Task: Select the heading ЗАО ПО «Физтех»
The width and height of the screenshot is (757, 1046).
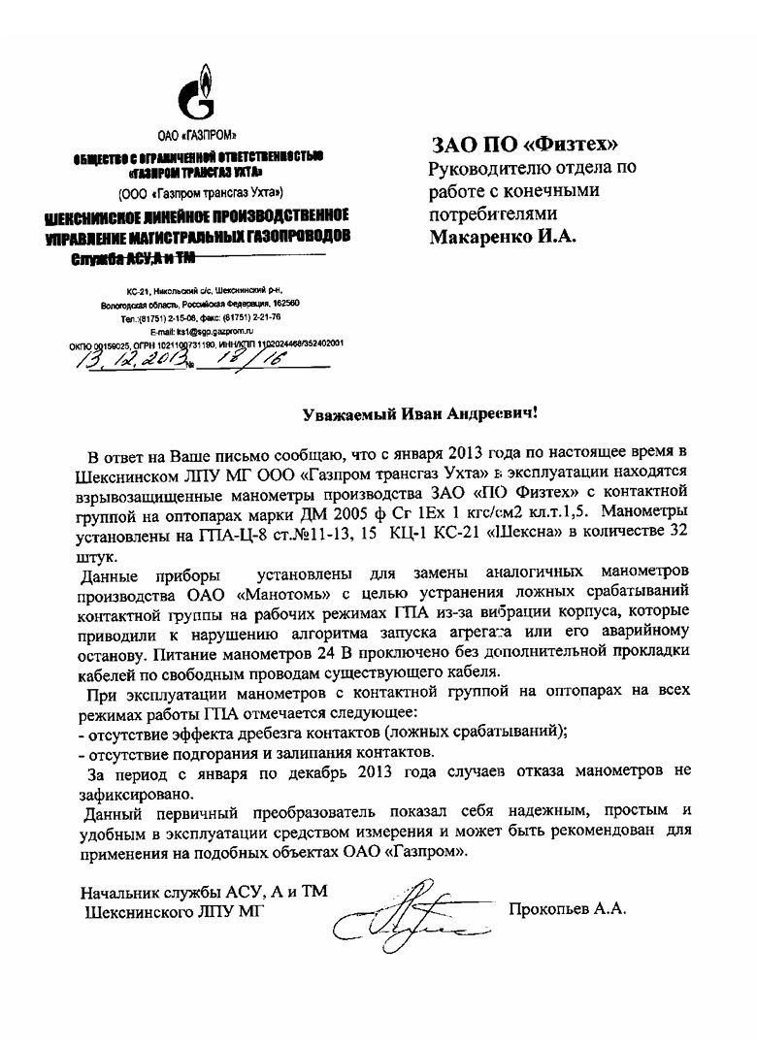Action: pos(524,146)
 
